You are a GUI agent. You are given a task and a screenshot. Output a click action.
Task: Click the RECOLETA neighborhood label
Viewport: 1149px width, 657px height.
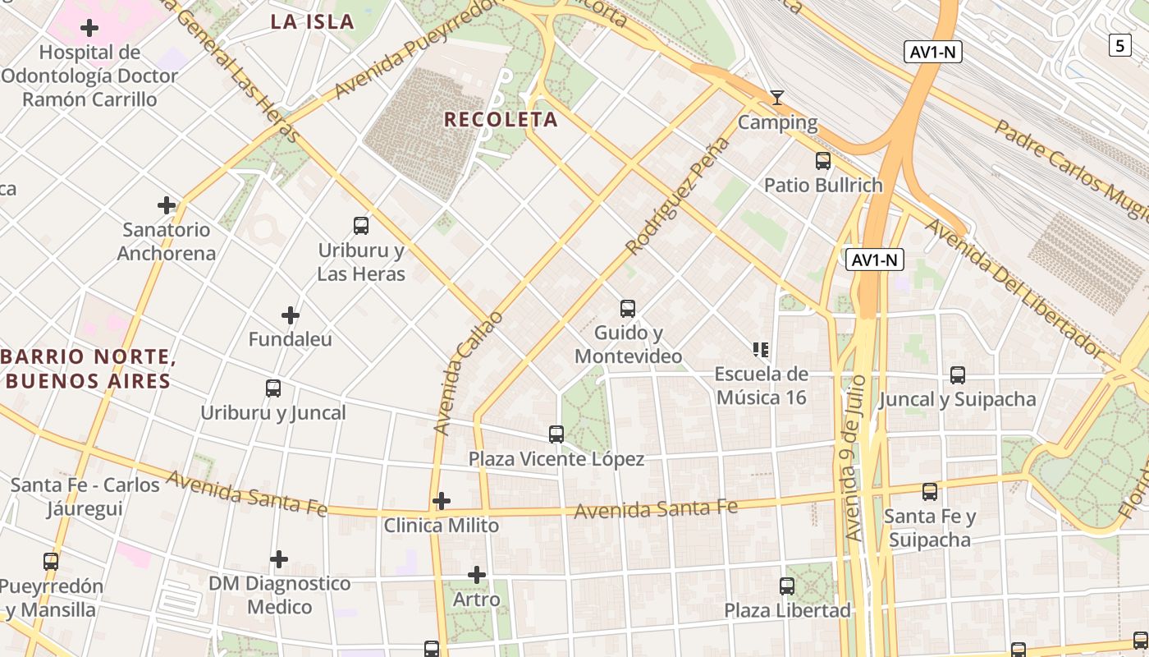coord(501,120)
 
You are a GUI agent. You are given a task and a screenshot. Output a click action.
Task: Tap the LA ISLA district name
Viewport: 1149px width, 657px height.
coord(313,22)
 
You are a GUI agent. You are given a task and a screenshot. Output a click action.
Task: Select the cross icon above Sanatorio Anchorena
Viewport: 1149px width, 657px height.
coord(167,204)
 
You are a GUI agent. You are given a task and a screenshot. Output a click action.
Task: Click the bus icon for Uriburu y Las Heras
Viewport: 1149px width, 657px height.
coord(360,226)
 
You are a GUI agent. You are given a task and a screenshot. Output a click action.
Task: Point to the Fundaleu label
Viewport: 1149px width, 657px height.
coord(291,339)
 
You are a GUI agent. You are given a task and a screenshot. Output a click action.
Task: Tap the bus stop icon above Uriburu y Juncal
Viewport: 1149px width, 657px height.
coord(273,388)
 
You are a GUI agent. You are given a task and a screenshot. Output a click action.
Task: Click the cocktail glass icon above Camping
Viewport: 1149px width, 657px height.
coord(777,98)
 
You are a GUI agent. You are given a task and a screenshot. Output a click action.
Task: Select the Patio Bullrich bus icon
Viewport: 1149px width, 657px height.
coord(823,161)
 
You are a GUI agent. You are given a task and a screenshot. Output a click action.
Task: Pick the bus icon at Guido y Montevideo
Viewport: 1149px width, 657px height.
coord(628,309)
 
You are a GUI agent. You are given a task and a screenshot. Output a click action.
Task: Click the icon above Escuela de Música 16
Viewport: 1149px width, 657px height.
coord(761,350)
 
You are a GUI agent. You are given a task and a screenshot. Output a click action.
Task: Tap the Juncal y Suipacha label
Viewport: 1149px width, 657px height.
coord(958,400)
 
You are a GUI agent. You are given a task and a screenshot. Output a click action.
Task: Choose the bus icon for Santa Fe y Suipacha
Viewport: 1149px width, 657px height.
coord(930,492)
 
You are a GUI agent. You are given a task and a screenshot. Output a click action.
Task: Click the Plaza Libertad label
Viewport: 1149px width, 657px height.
coord(787,611)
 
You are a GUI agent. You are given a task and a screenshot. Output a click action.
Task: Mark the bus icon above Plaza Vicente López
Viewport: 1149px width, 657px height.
coord(556,434)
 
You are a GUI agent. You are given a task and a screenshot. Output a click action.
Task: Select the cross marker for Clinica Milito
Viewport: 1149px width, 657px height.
coord(442,501)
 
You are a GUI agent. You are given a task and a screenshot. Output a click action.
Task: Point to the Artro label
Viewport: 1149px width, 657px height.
coord(477,600)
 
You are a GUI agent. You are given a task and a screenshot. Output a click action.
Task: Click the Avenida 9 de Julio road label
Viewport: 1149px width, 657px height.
coord(855,458)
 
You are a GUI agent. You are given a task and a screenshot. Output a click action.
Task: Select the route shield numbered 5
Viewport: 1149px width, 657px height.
coord(1120,46)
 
